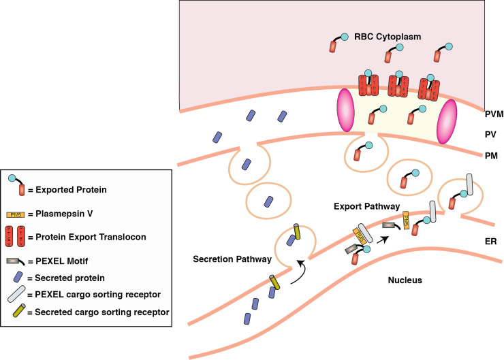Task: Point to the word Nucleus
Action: point(407,280)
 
